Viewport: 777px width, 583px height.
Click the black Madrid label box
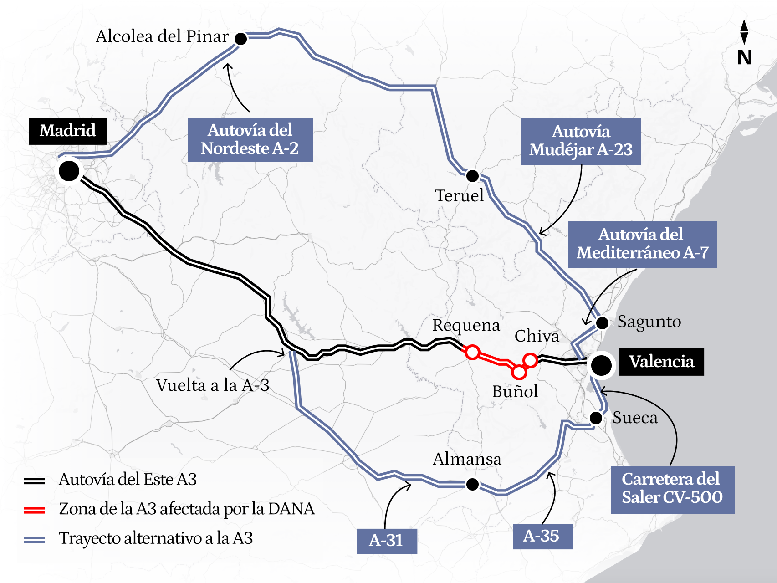[x=68, y=131]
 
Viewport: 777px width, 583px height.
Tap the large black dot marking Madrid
[x=69, y=171]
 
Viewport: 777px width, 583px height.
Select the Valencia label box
[x=661, y=362]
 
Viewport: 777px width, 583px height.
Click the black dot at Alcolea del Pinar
[x=240, y=39]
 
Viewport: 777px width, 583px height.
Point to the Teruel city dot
[x=472, y=175]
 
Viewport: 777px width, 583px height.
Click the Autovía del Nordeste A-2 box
[x=250, y=139]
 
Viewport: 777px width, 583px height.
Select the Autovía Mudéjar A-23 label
[x=581, y=141]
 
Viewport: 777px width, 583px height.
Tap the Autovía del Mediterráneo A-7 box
[x=642, y=244]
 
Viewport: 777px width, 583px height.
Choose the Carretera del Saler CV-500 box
[x=672, y=489]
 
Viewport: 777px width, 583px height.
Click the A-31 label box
[x=387, y=541]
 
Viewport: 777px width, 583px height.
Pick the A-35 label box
[x=542, y=536]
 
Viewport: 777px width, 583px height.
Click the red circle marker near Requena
[x=472, y=352]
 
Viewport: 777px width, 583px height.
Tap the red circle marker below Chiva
[x=530, y=360]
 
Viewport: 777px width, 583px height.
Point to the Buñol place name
[x=515, y=392]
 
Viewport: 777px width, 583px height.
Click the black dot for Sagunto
[x=602, y=323]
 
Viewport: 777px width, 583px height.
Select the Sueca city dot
[x=596, y=418]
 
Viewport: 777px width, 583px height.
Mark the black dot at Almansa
[x=472, y=484]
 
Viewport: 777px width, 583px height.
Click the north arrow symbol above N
[x=744, y=32]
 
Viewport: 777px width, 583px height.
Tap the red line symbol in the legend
[x=35, y=510]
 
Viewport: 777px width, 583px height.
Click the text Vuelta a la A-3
[x=213, y=385]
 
